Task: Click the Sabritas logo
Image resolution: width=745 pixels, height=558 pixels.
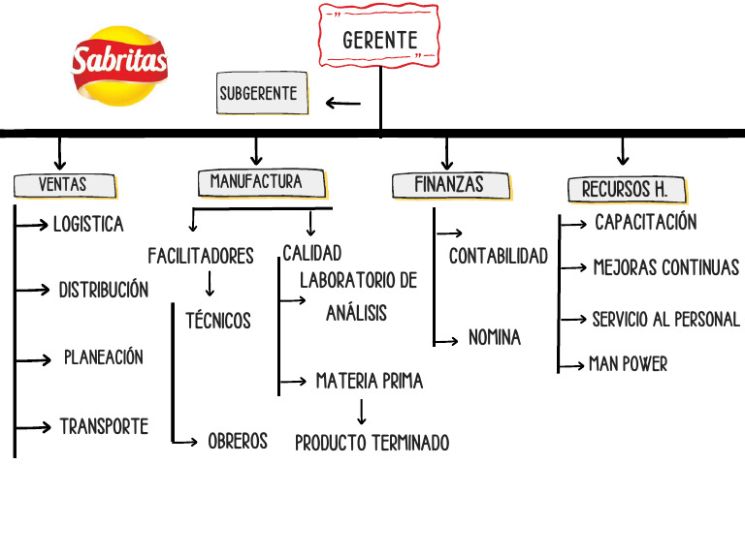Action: coord(119,65)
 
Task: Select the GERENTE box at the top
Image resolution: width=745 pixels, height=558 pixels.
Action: coord(379,40)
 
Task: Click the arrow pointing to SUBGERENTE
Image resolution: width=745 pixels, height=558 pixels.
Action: coord(342,103)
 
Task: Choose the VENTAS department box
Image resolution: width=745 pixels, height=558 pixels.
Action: coord(64,184)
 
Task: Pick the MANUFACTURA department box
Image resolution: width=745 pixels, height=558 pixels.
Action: coord(256,181)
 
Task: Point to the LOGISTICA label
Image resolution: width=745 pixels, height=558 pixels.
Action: coord(88,225)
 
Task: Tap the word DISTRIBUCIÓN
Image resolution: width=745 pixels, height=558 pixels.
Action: coord(104,290)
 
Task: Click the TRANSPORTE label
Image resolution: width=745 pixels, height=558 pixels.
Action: coord(104,426)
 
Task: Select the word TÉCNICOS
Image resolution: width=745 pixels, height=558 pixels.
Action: coord(218,320)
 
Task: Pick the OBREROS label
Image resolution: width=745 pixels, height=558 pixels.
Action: coord(238,441)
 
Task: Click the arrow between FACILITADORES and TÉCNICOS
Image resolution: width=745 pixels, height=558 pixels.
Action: coord(210,285)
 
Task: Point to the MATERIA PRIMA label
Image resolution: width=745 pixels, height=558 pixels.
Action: coord(370,381)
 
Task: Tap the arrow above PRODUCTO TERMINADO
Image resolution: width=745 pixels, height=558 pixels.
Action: coord(362,412)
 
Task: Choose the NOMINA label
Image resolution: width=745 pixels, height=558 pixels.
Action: coord(495,338)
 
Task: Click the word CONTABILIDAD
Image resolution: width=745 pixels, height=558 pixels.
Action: coord(499,256)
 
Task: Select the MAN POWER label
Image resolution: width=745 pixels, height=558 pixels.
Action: coord(628,364)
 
